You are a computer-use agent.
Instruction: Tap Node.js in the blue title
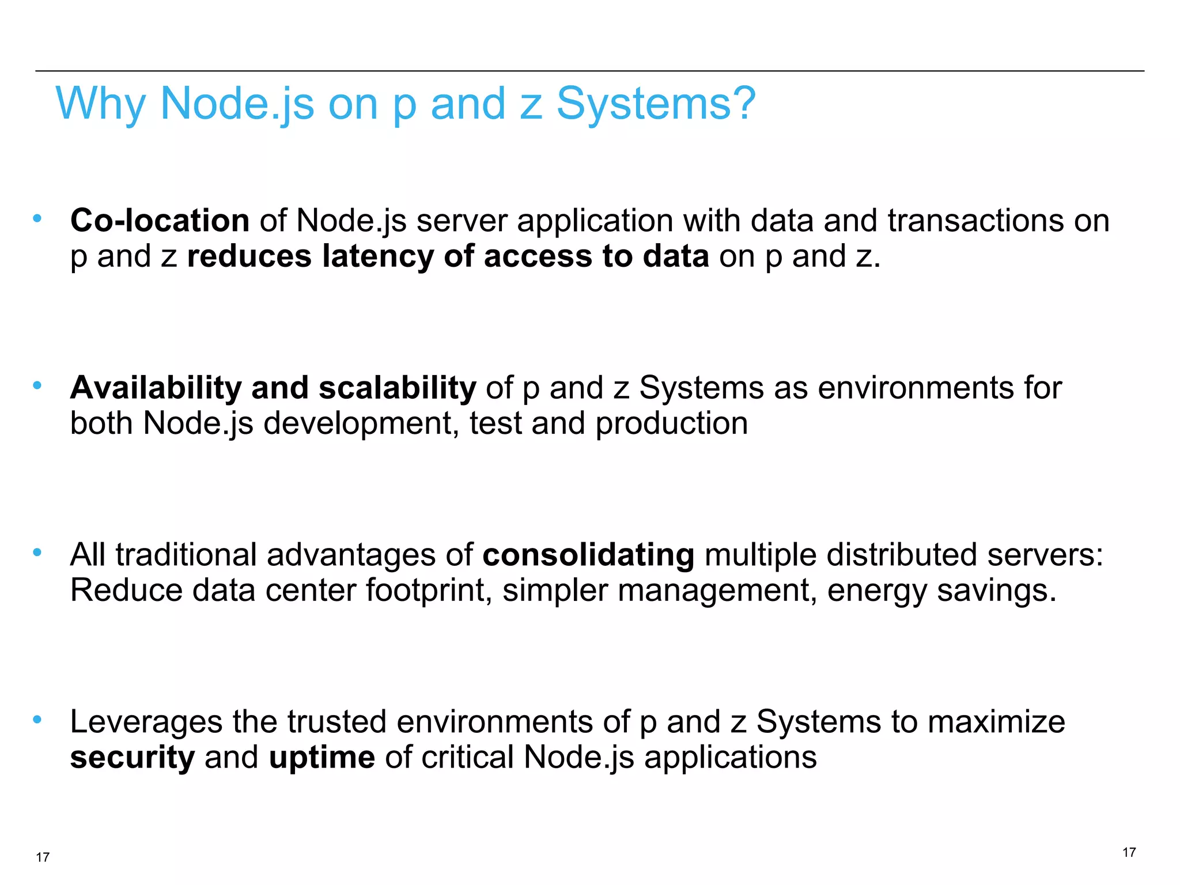coord(237,104)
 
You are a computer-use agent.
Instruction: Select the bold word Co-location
coord(160,221)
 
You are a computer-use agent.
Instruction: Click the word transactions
coord(976,221)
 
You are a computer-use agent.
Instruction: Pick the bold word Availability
coord(156,388)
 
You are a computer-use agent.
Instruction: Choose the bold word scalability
coord(398,388)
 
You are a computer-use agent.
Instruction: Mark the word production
coord(671,423)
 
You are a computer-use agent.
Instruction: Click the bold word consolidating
coord(588,555)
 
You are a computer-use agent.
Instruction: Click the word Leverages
coord(146,722)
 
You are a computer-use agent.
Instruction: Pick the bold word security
coord(133,757)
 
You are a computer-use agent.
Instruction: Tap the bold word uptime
coord(322,757)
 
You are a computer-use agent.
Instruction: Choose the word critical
coord(467,757)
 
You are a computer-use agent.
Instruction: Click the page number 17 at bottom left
coord(43,857)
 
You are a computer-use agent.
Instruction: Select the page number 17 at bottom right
coord(1129,852)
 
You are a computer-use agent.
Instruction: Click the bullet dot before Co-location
coord(37,218)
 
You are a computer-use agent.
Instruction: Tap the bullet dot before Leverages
coord(37,720)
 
